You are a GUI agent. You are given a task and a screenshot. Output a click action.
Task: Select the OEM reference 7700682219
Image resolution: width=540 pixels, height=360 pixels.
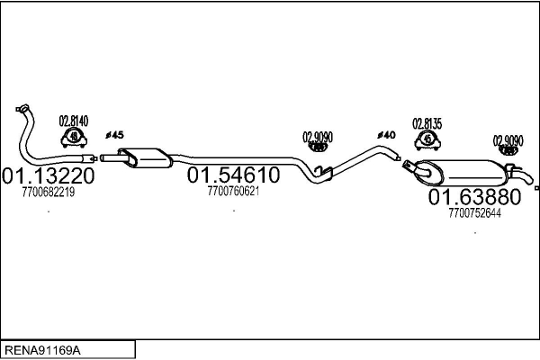tap(48, 192)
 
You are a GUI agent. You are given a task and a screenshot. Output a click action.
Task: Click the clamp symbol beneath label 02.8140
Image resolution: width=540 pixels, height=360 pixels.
tap(73, 138)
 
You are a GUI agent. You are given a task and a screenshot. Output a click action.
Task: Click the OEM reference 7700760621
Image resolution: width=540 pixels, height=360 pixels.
tap(233, 191)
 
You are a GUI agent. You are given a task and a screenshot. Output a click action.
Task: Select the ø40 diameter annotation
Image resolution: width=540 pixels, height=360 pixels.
tap(386, 135)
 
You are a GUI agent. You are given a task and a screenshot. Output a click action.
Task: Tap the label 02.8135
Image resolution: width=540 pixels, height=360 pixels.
tap(427, 123)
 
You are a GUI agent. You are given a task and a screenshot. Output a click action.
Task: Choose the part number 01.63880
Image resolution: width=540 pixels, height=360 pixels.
tap(474, 196)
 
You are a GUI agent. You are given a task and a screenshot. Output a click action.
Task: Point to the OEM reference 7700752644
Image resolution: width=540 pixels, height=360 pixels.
tap(474, 213)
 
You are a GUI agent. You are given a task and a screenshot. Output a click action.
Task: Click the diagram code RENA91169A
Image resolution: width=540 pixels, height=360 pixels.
tap(43, 348)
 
